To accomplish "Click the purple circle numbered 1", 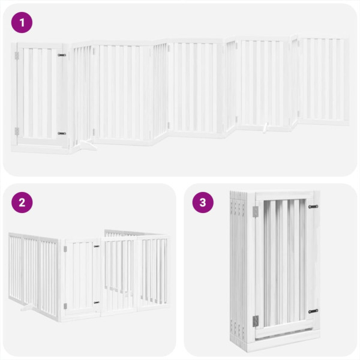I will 22,23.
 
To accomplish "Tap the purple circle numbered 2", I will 22,202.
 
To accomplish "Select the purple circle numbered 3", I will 203,202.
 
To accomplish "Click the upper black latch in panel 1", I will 62,55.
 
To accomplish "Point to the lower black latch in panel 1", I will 62,133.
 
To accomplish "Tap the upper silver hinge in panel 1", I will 17,55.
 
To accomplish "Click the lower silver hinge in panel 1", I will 17,131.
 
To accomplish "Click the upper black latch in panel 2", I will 96,246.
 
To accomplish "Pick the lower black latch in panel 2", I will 96,302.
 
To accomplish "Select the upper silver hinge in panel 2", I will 65,248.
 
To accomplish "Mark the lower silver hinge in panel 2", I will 65,306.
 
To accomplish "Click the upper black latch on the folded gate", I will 313,206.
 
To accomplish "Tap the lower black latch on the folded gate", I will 313,311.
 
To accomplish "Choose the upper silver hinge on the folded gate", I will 255,211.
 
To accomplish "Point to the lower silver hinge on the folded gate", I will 255,321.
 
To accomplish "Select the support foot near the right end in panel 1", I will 265,127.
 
